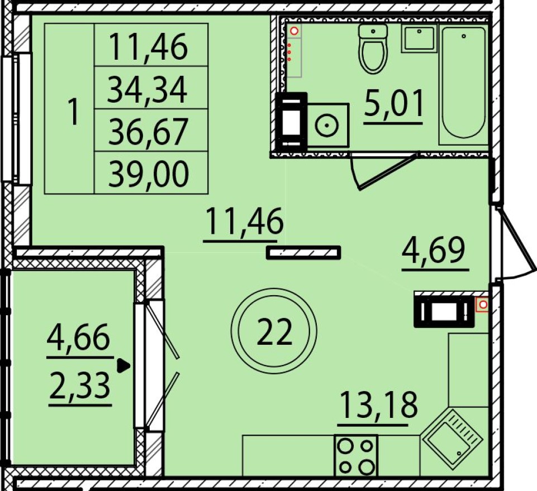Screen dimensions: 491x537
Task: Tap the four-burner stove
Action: (x=356, y=455)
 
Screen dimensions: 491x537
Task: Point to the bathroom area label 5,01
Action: (x=395, y=104)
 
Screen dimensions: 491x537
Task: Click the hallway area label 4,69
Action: (x=434, y=252)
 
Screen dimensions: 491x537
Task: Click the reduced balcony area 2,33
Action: (x=80, y=386)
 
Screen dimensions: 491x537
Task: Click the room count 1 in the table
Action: (x=73, y=110)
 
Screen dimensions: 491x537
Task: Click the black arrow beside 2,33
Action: (x=123, y=366)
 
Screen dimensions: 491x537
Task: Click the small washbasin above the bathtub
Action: (x=419, y=38)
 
